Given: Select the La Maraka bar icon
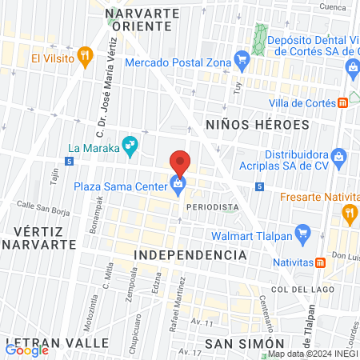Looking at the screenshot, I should [128, 146].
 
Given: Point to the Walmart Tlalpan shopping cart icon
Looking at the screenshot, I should [302, 234].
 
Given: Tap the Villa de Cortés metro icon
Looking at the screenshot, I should [342, 102].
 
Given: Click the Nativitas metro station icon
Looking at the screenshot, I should [320, 262].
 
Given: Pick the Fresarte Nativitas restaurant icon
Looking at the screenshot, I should [348, 213].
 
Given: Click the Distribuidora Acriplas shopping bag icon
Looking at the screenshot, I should [339, 155].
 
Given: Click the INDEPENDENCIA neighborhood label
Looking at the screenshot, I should [190, 254].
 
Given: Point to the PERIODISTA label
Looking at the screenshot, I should [212, 207].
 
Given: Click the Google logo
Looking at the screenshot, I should [26, 350].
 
